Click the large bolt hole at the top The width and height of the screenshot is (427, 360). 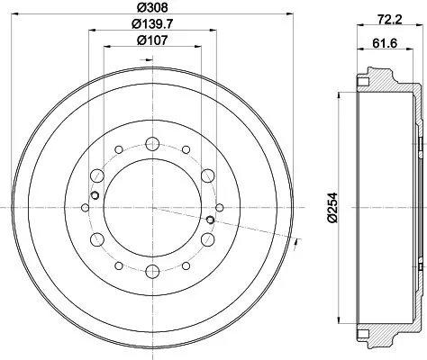(x=153, y=141)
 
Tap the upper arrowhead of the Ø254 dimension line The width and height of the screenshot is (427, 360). (x=337, y=94)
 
